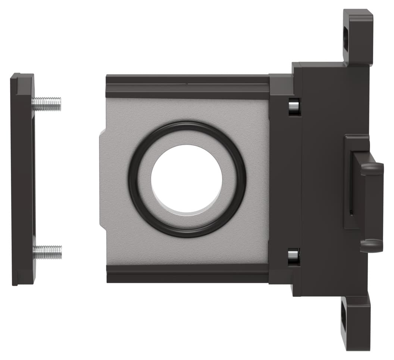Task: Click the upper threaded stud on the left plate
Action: (x=47, y=104)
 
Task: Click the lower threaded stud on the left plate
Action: (x=47, y=252)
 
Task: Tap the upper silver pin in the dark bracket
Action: (x=294, y=106)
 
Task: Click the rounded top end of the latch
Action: (x=372, y=168)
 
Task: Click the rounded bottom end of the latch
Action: (x=372, y=245)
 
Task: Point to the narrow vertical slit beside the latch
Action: (x=351, y=187)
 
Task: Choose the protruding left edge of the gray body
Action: (x=103, y=179)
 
